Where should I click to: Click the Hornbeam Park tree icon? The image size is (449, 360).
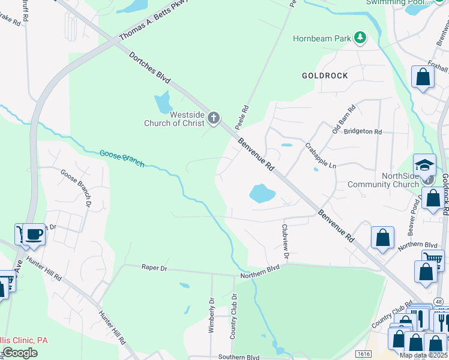coord(360,38)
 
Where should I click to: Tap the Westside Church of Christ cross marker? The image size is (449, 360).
coord(214,119)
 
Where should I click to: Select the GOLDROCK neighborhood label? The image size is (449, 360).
coord(324,76)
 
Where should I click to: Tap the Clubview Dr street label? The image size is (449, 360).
coord(286,242)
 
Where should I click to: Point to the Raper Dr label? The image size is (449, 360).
coord(153,268)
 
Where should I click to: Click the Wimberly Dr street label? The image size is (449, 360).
coord(211,316)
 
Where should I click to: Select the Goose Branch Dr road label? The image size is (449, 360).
coord(76,187)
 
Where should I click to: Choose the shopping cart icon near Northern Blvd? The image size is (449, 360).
coord(432,260)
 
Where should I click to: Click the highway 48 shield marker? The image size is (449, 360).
coord(439,301)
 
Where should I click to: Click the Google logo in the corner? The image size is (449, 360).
coord(20,353)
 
